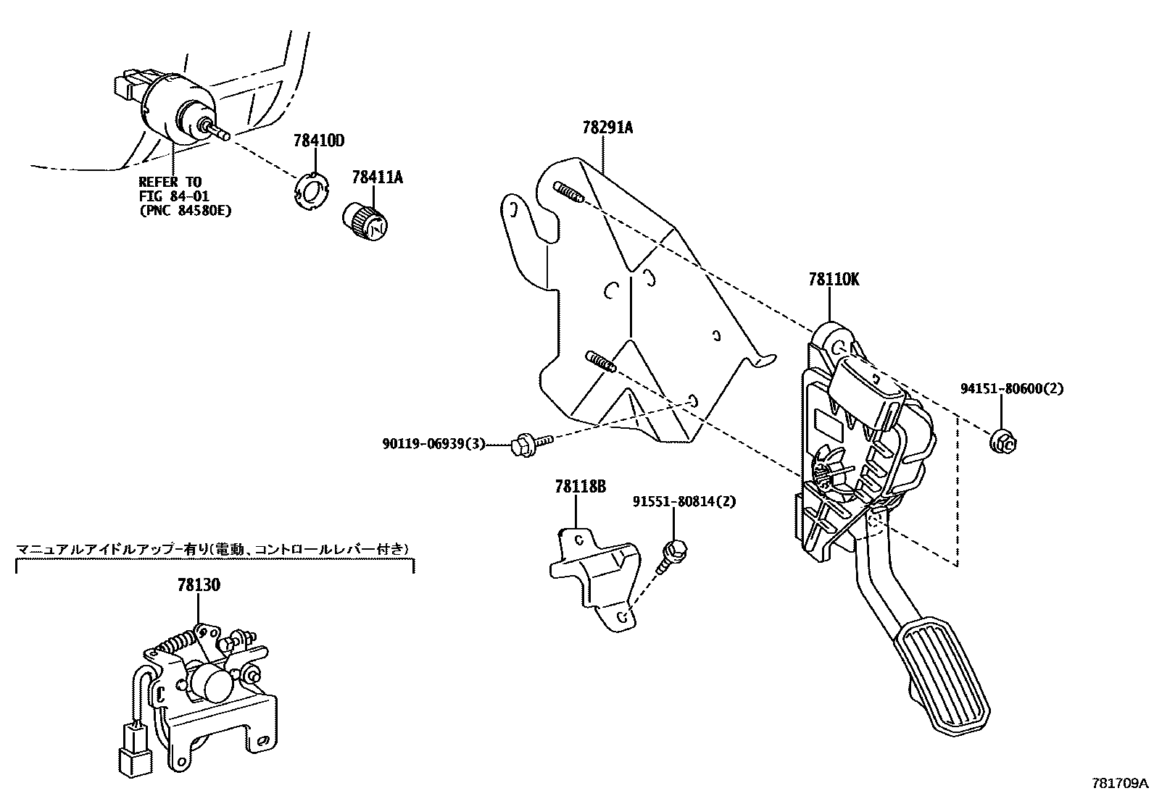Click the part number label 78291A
coord(607,128)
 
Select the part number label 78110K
coord(834,280)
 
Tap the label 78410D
coord(318,140)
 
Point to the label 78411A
coord(377,176)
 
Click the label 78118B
coord(580,487)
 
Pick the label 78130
coord(199,585)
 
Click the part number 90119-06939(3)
coord(433,443)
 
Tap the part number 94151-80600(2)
coord(1012,388)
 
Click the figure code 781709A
coord(1120,783)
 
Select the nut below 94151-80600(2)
coord(1003,441)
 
